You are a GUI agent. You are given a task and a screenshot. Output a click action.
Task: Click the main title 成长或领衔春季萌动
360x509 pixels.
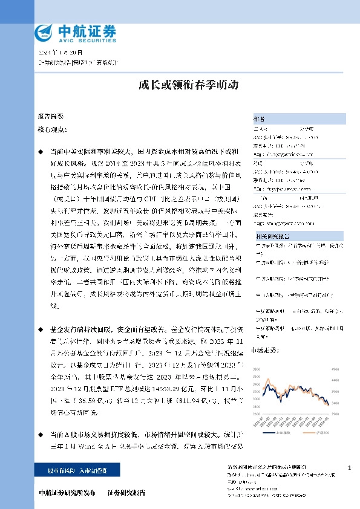[180, 85]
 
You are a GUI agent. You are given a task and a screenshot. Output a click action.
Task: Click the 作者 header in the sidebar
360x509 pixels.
[258, 118]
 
